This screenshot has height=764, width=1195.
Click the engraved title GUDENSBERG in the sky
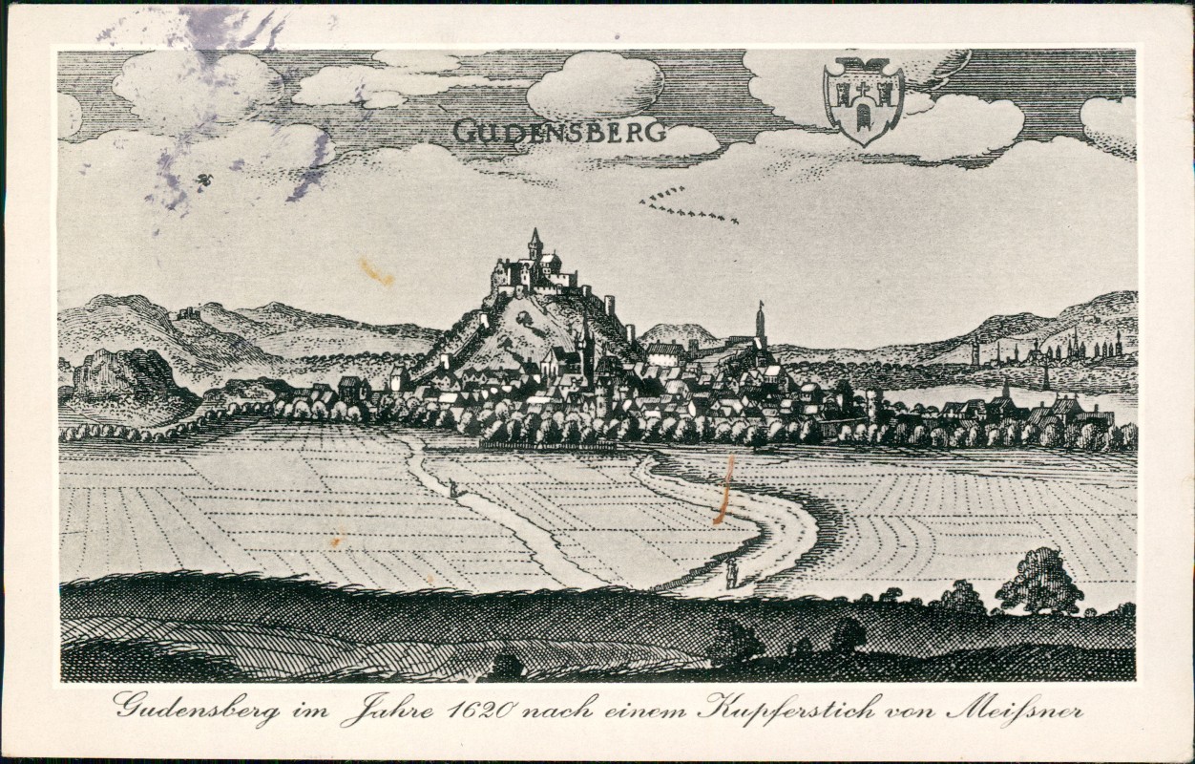pos(559,131)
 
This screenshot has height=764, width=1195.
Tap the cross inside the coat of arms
pos(864,91)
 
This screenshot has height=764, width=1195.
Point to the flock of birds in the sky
pos(684,206)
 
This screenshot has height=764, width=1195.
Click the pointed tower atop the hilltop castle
pos(535,243)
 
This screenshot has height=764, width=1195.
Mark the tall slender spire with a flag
pos(761,322)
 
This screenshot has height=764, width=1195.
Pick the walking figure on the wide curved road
pos(731,572)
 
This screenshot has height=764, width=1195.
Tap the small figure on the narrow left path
pos(452,489)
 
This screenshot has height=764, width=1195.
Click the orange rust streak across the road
pos(725,489)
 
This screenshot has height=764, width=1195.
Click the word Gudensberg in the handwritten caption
pos(197,710)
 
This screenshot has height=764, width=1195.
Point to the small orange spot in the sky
pos(375,271)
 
